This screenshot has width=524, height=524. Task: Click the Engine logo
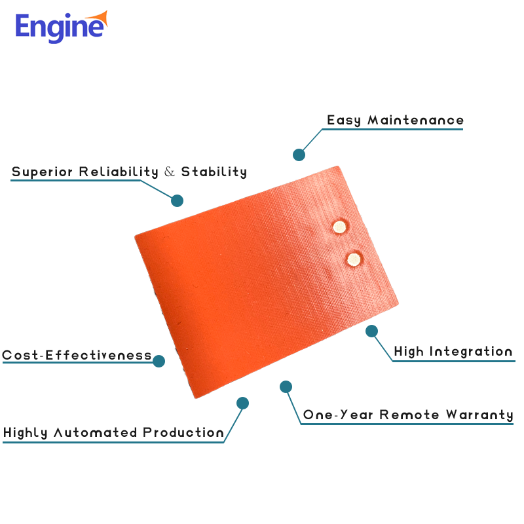click(60, 27)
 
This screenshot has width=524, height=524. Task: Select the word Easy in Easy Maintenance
click(344, 121)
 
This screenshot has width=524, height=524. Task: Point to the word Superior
click(43, 172)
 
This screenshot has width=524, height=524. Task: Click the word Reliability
click(119, 172)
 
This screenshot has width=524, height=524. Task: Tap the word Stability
click(214, 172)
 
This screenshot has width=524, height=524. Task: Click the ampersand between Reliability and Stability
click(170, 172)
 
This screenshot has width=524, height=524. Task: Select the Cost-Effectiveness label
click(77, 356)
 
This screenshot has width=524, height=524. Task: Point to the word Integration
click(471, 352)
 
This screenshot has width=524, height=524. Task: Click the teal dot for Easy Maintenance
click(299, 155)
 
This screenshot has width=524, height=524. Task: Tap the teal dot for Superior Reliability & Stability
click(177, 200)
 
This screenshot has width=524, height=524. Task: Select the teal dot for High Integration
click(371, 331)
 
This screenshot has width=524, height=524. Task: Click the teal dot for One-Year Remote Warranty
click(286, 386)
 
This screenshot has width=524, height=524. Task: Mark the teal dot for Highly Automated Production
click(242, 403)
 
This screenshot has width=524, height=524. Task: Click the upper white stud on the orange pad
click(339, 227)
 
